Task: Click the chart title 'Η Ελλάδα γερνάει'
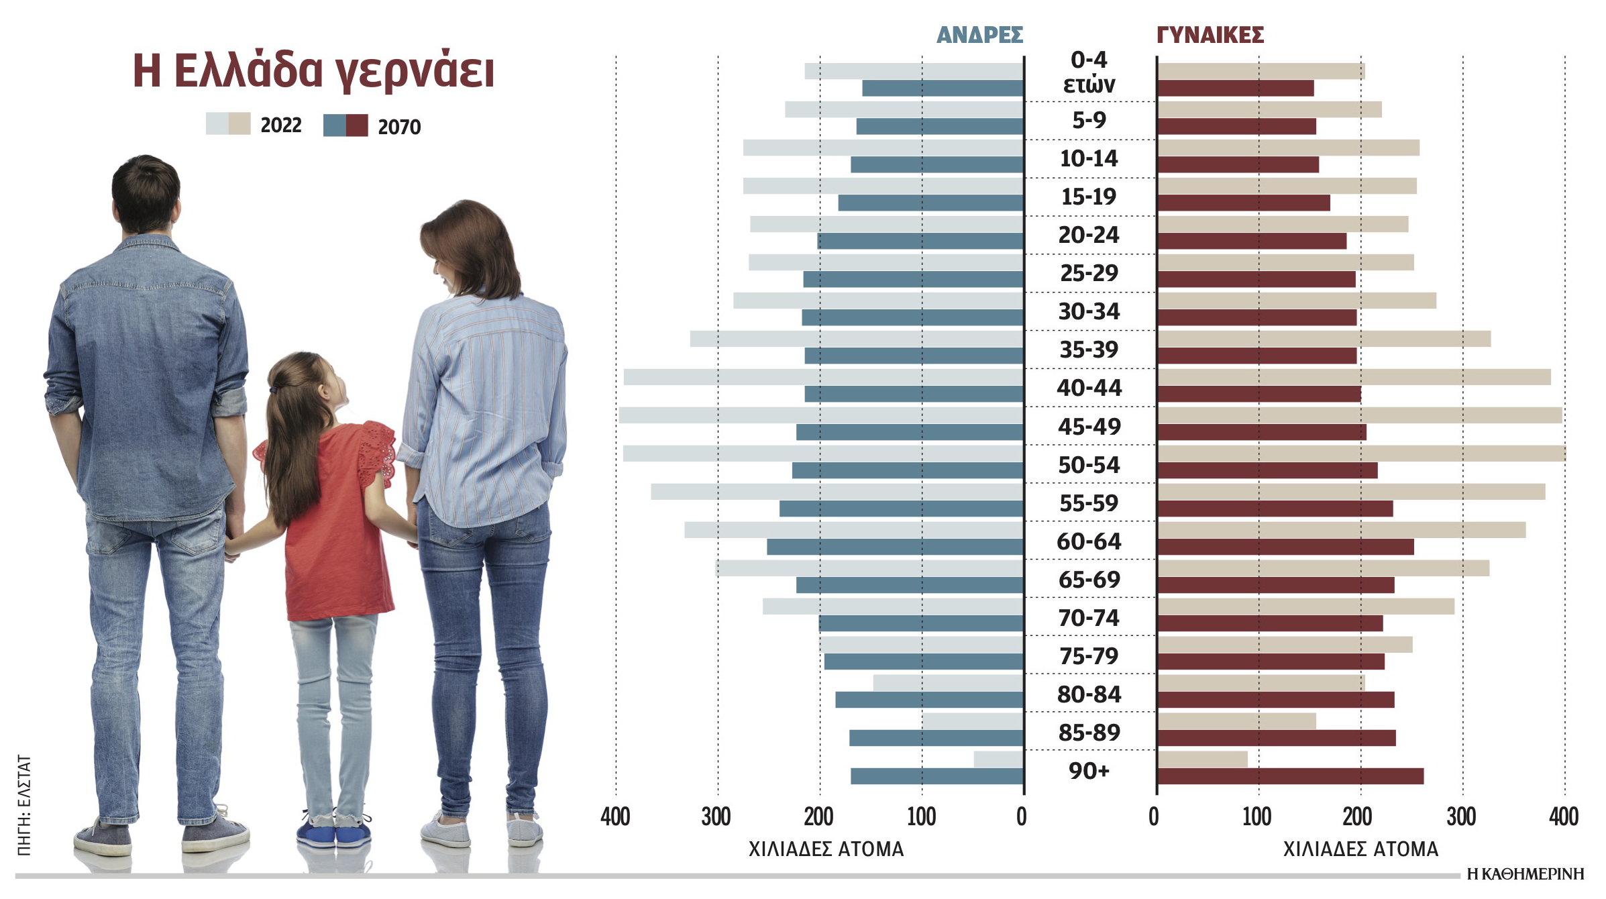click(313, 71)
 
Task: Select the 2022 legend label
click(280, 125)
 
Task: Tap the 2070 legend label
click(399, 127)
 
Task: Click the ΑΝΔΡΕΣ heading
click(979, 35)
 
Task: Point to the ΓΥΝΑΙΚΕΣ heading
click(1210, 35)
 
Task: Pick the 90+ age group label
click(1089, 771)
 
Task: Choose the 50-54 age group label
click(1089, 465)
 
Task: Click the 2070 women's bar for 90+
click(1290, 776)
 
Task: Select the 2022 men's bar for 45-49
click(821, 415)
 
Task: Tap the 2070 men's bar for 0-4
click(943, 88)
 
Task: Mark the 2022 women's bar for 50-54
click(1361, 454)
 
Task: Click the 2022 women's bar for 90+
click(1202, 759)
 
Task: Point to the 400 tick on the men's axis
click(615, 817)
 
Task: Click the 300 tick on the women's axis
click(1462, 817)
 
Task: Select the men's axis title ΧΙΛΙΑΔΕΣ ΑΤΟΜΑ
click(826, 849)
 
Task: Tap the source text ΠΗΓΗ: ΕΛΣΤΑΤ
click(24, 805)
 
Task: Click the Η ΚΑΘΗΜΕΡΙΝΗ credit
click(1525, 874)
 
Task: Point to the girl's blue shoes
click(333, 835)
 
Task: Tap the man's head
click(146, 195)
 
